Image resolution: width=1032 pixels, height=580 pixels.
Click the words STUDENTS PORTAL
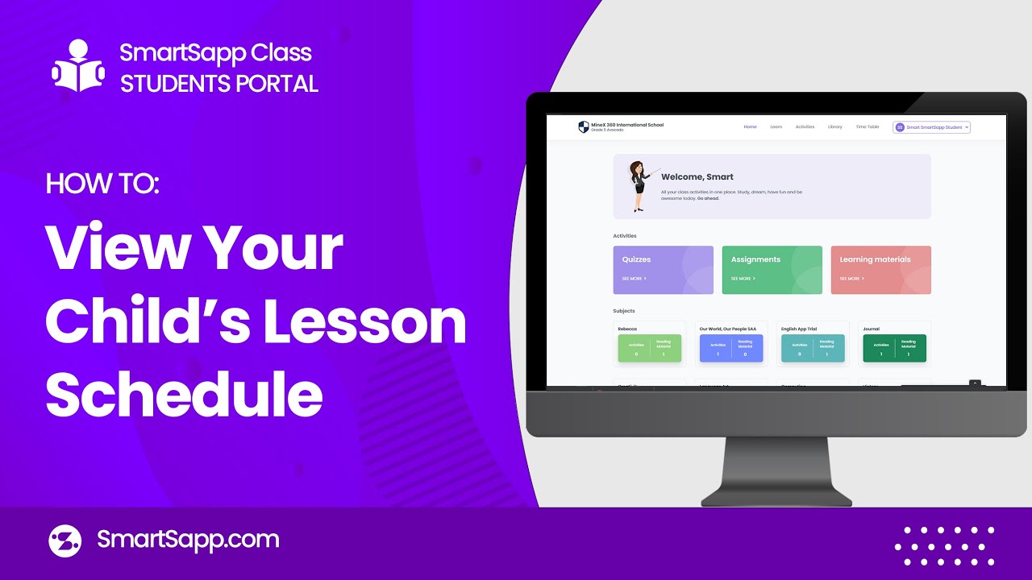[x=218, y=83]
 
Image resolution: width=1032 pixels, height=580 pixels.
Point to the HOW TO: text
[x=102, y=183]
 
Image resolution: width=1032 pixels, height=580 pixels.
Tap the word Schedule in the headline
[x=184, y=393]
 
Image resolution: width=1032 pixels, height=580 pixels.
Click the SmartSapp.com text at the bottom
[x=188, y=540]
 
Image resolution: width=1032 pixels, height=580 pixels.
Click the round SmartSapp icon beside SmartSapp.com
[x=65, y=541]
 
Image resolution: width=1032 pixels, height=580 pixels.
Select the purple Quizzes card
[x=663, y=270]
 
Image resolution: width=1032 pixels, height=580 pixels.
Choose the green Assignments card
[x=772, y=270]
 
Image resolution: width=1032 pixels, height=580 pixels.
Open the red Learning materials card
[x=880, y=270]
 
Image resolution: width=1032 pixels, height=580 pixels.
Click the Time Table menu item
[x=867, y=127]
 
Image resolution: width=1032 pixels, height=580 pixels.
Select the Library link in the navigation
[x=834, y=127]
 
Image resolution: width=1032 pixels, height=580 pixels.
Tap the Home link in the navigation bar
[x=750, y=127]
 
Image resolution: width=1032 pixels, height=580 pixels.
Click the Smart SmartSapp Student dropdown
[x=931, y=127]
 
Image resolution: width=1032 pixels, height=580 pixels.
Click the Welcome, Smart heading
[x=697, y=176]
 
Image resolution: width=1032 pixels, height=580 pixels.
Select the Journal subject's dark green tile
[x=894, y=348]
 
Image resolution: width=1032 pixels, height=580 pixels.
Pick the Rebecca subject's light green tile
[x=650, y=348]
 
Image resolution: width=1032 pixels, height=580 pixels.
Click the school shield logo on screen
[x=584, y=127]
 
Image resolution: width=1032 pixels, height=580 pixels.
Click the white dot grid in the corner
[x=944, y=545]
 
